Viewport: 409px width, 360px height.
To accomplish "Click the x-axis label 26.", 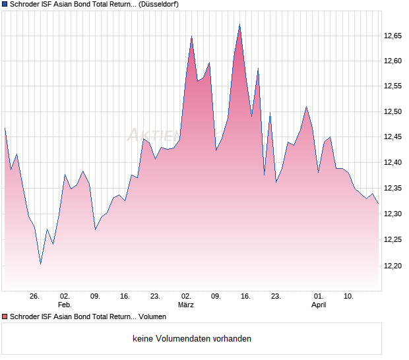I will (x=35, y=297).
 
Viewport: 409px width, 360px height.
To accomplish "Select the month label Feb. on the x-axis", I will (x=65, y=305).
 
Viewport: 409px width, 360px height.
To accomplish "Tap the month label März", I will (x=186, y=305).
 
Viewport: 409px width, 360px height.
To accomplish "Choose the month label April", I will (x=319, y=305).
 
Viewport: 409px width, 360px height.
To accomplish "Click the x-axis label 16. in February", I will (x=125, y=297).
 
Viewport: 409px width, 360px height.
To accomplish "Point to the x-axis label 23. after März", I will (x=276, y=297).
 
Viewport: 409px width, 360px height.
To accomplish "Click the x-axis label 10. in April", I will (x=349, y=297).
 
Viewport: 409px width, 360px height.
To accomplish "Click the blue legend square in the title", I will (x=5, y=4).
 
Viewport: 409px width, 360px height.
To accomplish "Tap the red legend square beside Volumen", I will (x=5, y=317).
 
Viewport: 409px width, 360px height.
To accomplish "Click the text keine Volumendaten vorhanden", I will (x=192, y=339).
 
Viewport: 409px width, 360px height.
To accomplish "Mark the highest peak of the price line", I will (x=239, y=25).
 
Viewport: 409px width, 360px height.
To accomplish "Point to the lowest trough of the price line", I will (x=41, y=264).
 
